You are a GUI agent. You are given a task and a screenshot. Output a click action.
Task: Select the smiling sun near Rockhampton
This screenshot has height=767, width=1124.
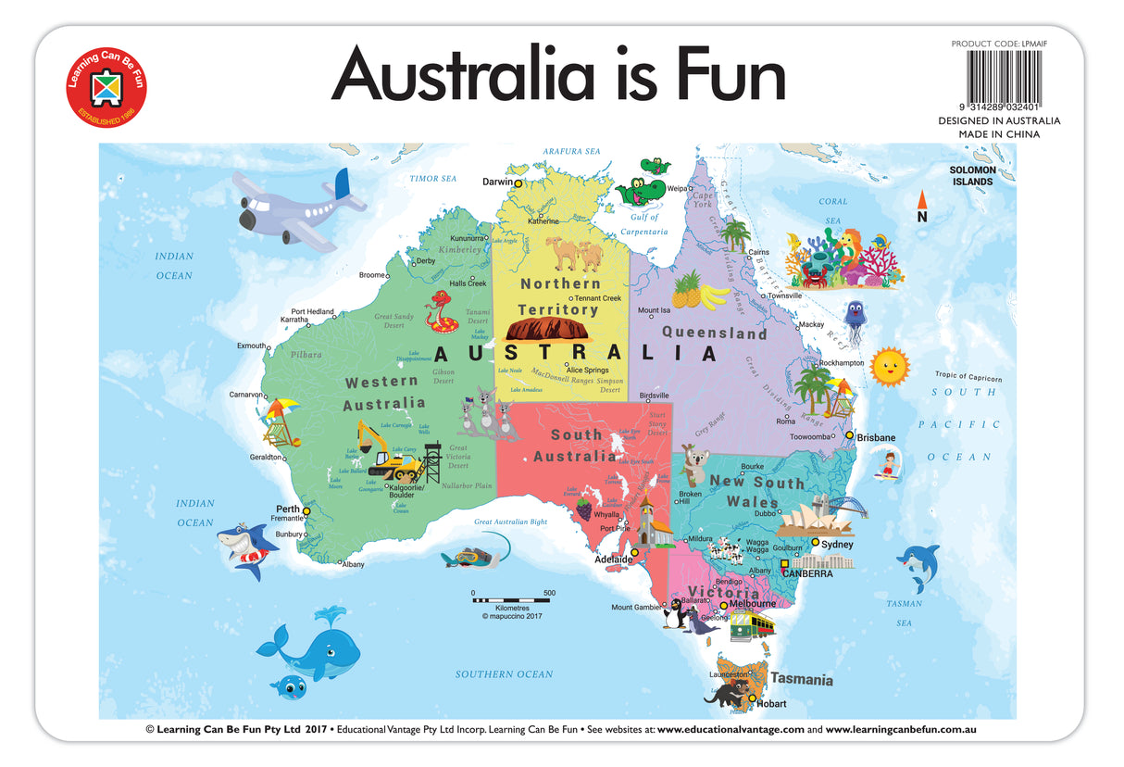tap(890, 366)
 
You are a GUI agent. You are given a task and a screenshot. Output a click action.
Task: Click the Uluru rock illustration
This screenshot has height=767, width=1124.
tap(551, 329)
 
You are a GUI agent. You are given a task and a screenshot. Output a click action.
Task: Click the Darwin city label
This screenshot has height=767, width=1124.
tap(498, 182)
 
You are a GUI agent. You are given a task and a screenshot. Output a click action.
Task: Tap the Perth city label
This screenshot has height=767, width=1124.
tap(287, 509)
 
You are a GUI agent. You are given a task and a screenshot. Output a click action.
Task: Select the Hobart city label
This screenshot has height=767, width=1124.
tap(770, 704)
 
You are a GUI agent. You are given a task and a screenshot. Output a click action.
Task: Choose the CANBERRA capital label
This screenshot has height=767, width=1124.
tap(807, 573)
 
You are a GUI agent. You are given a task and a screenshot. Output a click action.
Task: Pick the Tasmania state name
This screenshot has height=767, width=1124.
tap(802, 679)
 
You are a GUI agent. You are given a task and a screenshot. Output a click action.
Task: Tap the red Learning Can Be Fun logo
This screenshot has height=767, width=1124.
tap(106, 89)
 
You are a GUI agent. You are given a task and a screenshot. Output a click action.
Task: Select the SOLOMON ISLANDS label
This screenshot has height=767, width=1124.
tap(972, 176)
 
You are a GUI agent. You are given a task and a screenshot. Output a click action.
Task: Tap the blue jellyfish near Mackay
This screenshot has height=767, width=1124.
tap(855, 319)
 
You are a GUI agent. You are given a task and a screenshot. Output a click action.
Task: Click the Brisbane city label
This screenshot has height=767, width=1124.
tap(875, 437)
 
